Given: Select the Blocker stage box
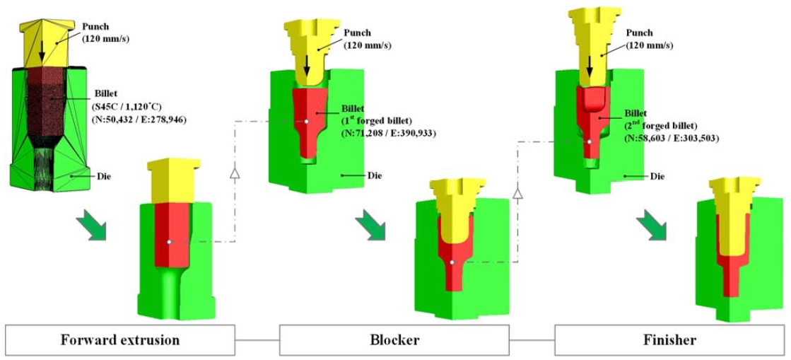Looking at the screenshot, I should tap(394, 339).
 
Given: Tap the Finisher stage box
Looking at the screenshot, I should tap(669, 339).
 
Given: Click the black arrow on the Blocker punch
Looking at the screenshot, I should tap(307, 69).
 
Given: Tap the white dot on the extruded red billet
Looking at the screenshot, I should tap(169, 243).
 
